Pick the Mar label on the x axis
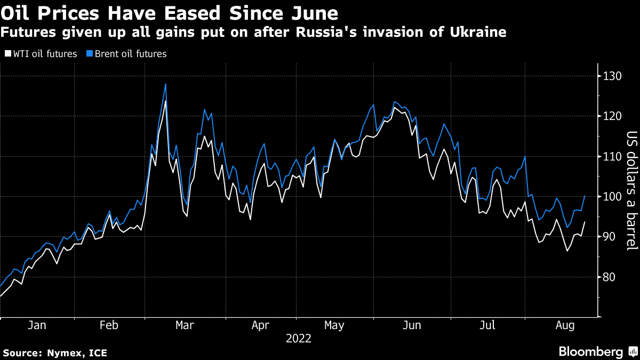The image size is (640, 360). (x=184, y=325)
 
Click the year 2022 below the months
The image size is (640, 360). (x=299, y=338)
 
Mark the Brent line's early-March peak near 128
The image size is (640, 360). (x=165, y=84)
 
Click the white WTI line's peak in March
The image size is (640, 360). (x=165, y=101)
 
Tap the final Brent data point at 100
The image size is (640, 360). (x=585, y=196)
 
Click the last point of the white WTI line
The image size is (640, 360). (x=585, y=222)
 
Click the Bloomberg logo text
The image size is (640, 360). (x=590, y=351)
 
